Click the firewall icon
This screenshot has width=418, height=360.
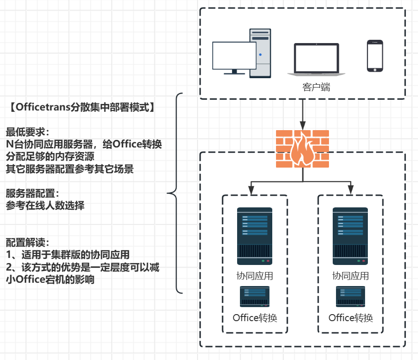point(302,149)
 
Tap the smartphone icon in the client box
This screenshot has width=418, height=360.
point(374,56)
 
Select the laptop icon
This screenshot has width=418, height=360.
point(316,59)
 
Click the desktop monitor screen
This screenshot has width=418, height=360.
point(234,55)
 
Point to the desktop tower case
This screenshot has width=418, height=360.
point(260,52)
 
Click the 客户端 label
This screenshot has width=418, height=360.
point(316,87)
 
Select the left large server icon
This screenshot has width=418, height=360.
point(254,236)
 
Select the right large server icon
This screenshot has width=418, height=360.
point(350,236)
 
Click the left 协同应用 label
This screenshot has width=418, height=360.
point(254,276)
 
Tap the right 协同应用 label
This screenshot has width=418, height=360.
point(350,276)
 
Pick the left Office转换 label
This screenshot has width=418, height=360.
point(255,318)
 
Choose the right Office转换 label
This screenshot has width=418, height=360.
point(351,318)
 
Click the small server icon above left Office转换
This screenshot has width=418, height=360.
point(254,296)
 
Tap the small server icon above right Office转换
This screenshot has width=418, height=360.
point(350,296)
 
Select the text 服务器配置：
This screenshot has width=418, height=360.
point(33,193)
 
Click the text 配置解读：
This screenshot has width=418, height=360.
point(28,242)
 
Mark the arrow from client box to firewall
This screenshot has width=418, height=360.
point(302,114)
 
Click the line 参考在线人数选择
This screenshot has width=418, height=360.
point(45,205)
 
